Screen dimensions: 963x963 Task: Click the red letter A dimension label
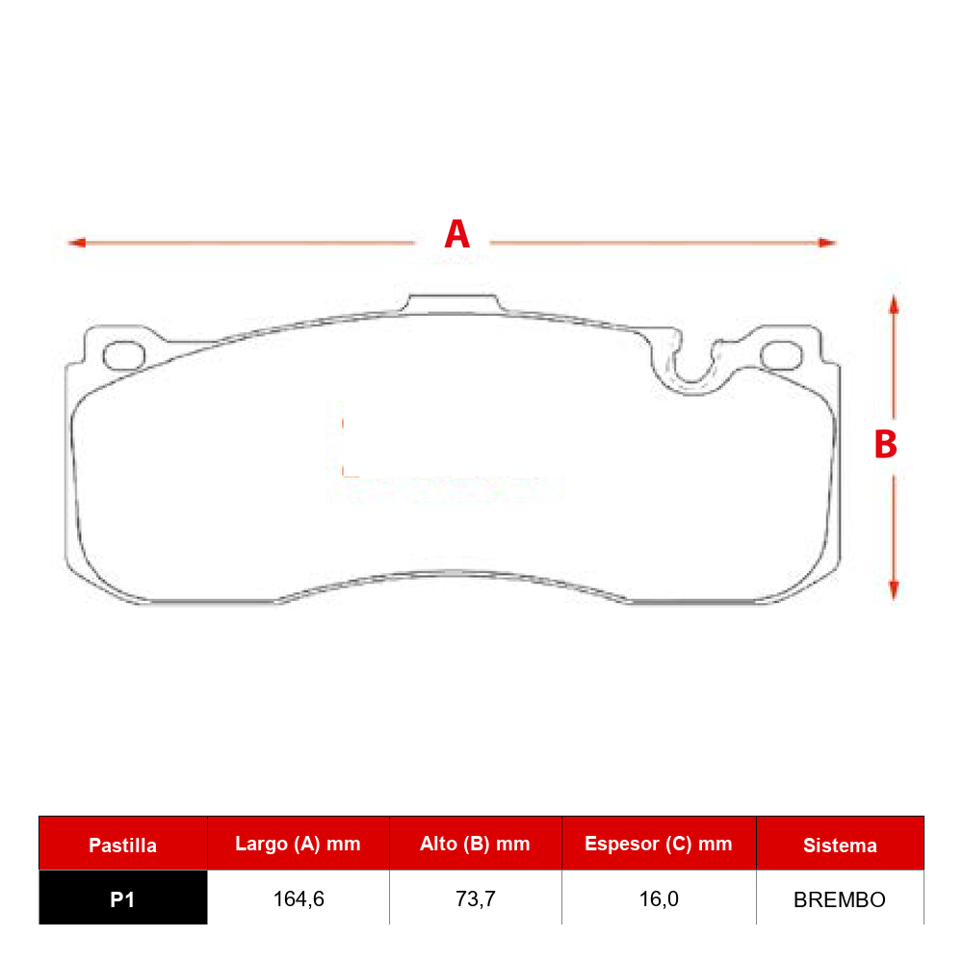[x=456, y=234]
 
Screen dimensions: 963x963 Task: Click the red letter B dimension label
[x=886, y=444]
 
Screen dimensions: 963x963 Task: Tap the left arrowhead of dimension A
[x=76, y=243]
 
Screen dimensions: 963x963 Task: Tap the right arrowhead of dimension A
[x=827, y=243]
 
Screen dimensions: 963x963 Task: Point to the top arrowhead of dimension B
[x=894, y=305]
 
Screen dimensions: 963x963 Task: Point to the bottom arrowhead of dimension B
[x=894, y=590]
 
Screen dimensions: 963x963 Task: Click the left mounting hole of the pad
[x=124, y=355]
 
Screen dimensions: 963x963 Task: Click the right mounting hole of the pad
[x=781, y=355]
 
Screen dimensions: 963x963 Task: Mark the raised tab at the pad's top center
[x=453, y=303]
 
